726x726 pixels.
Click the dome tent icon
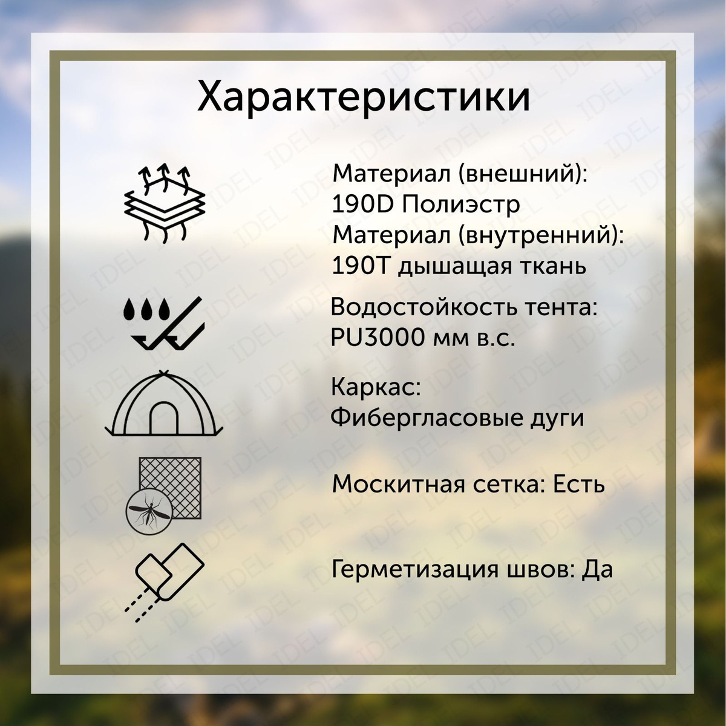(164, 404)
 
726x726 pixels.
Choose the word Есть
(579, 485)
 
